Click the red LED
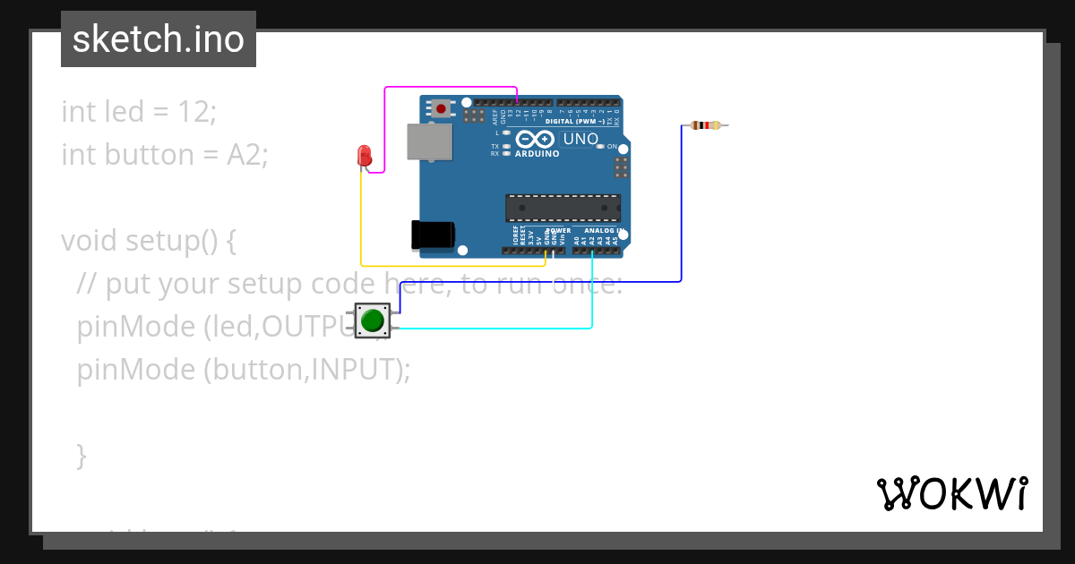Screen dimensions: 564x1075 click(365, 155)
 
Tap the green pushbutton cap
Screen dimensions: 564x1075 click(373, 320)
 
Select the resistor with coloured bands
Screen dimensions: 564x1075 click(706, 125)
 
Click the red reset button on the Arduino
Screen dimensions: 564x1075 click(441, 108)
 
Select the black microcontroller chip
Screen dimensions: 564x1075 click(563, 208)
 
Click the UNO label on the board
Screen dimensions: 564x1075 click(580, 139)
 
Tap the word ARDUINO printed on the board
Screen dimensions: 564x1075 click(537, 154)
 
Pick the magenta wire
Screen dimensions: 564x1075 click(448, 88)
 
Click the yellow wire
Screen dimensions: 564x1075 click(448, 266)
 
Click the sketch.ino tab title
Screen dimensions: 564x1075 click(159, 39)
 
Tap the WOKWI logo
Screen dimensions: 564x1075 click(951, 493)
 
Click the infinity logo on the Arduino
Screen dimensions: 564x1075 click(535, 139)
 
